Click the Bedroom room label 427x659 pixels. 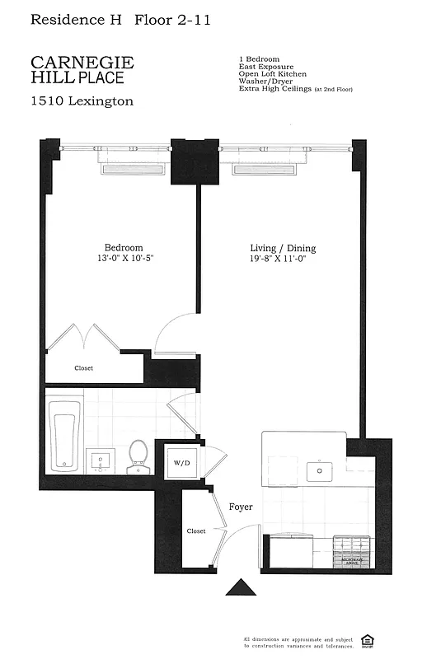pyautogui.click(x=123, y=248)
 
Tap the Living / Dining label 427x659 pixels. pyautogui.click(x=283, y=248)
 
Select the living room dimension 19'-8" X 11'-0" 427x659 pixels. pyautogui.click(x=283, y=259)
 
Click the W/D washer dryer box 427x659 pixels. pyautogui.click(x=181, y=462)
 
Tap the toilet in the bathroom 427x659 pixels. pyautogui.click(x=138, y=457)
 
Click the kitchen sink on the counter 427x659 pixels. pyautogui.click(x=318, y=471)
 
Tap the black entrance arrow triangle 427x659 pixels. pyautogui.click(x=242, y=587)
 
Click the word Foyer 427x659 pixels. pyautogui.click(x=241, y=507)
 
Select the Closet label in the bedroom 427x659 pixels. pyautogui.click(x=83, y=368)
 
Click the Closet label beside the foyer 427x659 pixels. pyautogui.click(x=195, y=531)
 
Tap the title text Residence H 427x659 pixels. pyautogui.click(x=70, y=20)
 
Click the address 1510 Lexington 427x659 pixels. pyautogui.click(x=82, y=101)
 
